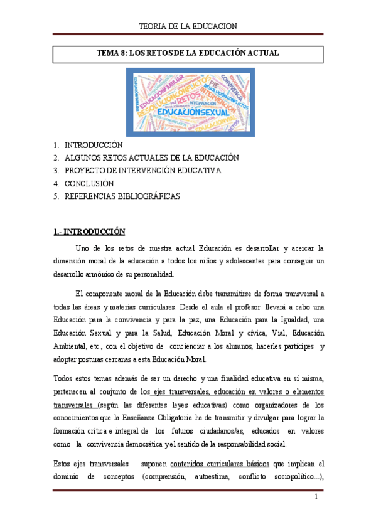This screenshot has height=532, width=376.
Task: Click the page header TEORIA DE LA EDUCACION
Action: coord(187,26)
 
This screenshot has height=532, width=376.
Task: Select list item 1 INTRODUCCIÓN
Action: coord(94,145)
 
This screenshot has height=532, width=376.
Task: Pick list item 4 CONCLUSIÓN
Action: coord(89,183)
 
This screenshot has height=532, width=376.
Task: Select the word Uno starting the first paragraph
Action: coord(82,248)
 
